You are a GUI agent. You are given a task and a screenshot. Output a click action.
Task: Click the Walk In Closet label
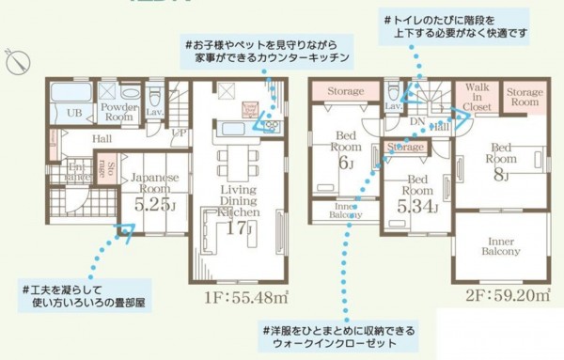coord(478,98)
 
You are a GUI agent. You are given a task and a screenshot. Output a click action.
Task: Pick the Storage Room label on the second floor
coord(525,99)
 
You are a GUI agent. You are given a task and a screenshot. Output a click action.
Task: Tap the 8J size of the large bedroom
coord(501,175)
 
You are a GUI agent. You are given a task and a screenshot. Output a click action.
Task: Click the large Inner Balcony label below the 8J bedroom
coord(501,246)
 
